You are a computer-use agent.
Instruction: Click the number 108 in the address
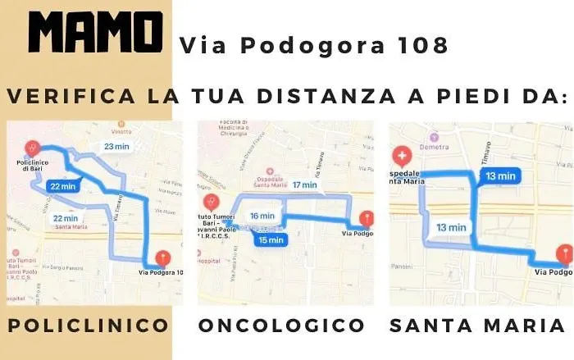click(426, 45)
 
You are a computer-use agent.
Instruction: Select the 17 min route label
click(304, 185)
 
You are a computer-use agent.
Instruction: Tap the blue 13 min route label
click(499, 175)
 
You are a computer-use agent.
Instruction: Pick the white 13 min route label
click(452, 227)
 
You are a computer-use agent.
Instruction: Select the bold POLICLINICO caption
click(89, 326)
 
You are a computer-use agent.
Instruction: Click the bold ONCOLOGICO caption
click(281, 326)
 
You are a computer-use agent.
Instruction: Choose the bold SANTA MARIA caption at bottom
click(477, 326)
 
